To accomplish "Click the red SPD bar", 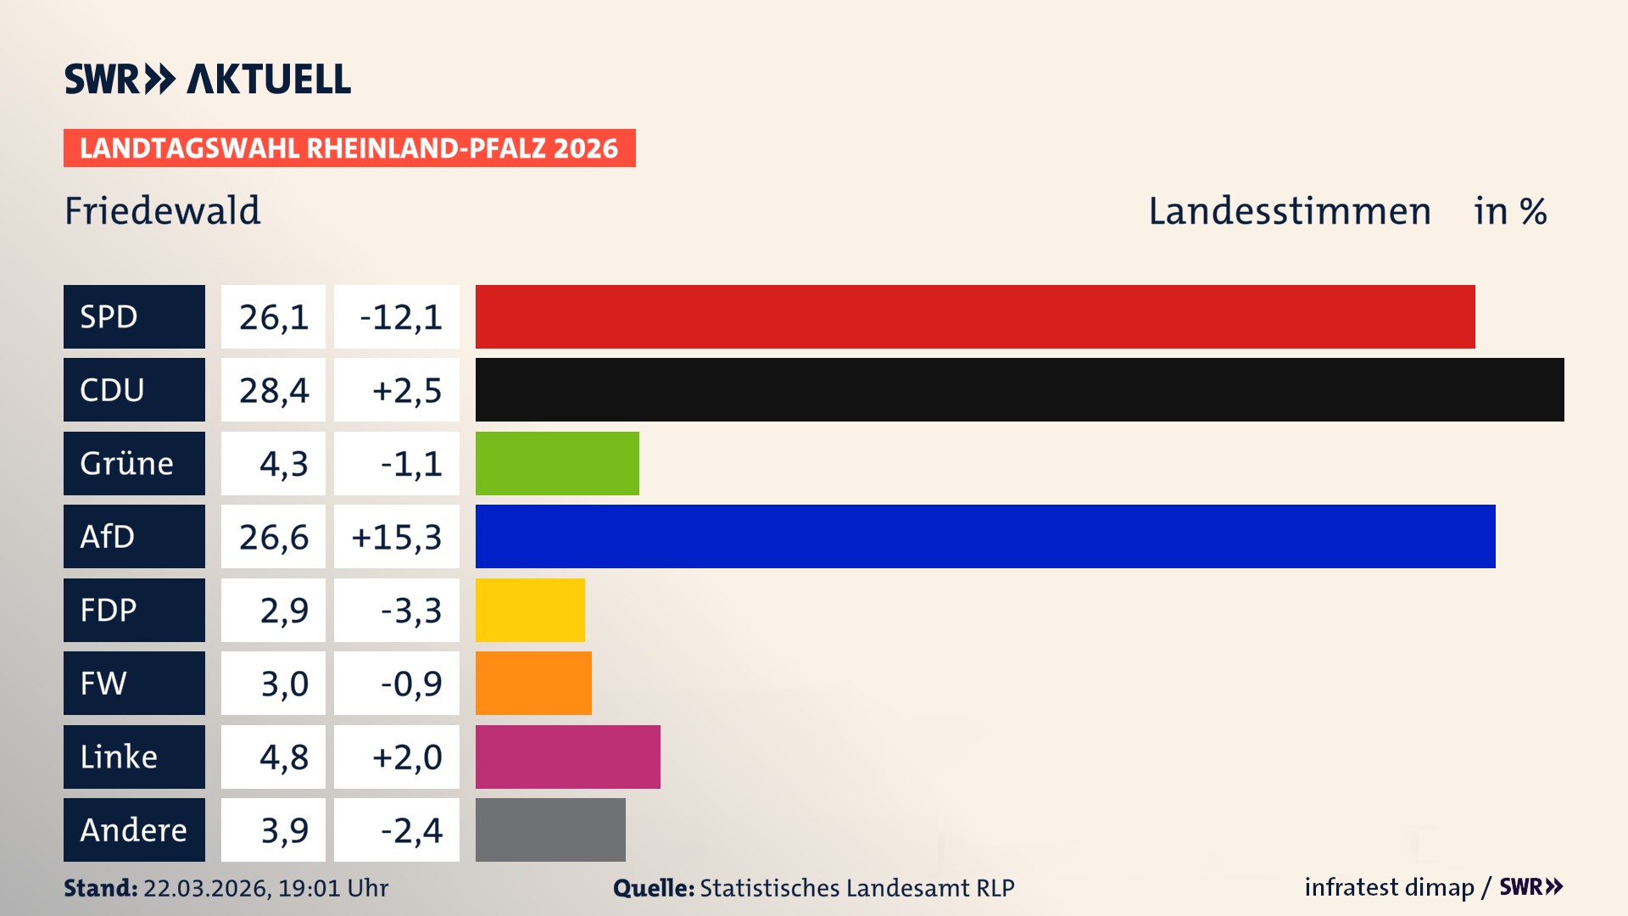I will tap(975, 316).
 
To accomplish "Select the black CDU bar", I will tap(1019, 390).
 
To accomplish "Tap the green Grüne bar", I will tap(557, 463).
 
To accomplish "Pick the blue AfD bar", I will tap(985, 536).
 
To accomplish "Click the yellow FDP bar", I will tap(530, 610).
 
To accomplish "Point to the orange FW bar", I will tap(533, 683).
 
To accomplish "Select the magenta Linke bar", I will tap(567, 757).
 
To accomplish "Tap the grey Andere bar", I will tap(550, 829).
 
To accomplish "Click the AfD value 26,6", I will tap(273, 537).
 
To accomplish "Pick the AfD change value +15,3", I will tap(397, 537).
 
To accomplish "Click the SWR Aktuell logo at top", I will tap(208, 79).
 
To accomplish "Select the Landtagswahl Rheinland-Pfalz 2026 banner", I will tap(349, 148).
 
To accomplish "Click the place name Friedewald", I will tap(163, 210).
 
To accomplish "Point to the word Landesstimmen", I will tap(1289, 211).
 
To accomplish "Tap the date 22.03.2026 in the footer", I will tap(206, 888).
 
